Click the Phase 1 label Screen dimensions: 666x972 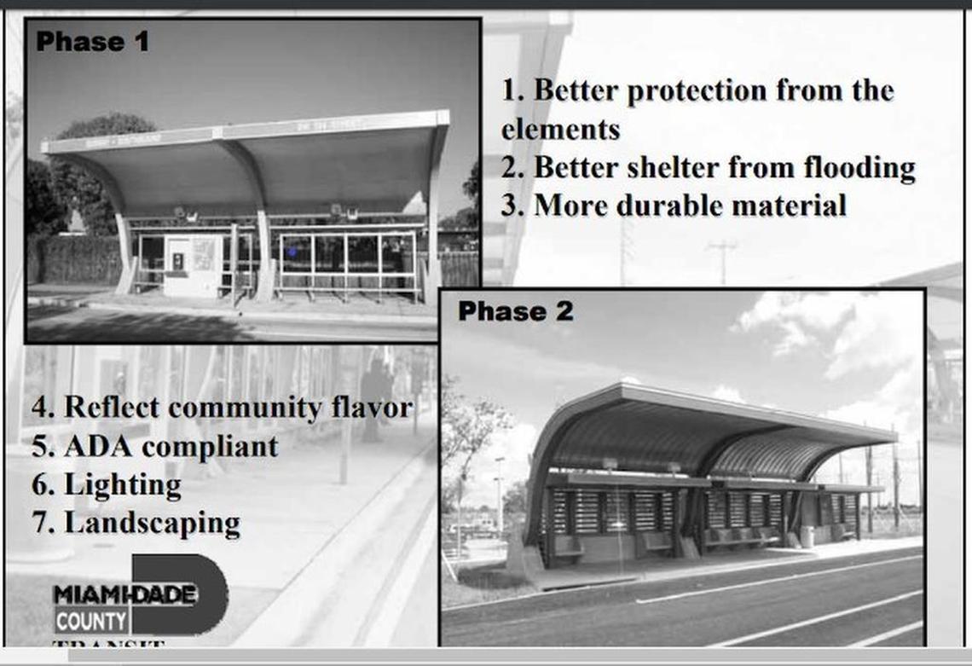[x=92, y=41]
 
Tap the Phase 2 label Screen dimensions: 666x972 [x=515, y=311]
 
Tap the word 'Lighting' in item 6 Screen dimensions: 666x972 [x=123, y=485]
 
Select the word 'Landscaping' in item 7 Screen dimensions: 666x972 [x=152, y=523]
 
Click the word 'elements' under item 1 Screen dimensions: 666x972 [x=559, y=130]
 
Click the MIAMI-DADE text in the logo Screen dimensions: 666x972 [x=124, y=594]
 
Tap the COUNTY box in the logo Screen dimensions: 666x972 [x=92, y=620]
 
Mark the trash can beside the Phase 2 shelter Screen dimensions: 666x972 [x=807, y=536]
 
